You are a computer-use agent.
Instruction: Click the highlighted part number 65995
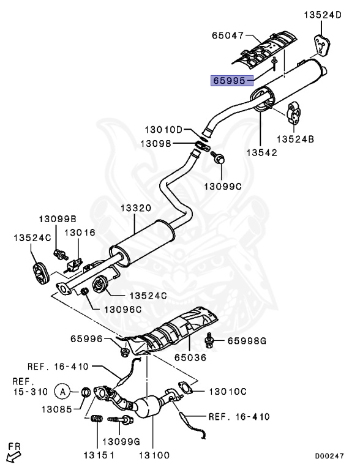pyautogui.click(x=229, y=80)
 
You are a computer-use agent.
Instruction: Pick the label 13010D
pyautogui.click(x=164, y=129)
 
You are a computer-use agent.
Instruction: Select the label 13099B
pyautogui.click(x=58, y=218)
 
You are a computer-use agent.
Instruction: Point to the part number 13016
pyautogui.click(x=80, y=233)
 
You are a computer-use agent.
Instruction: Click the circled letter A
pyautogui.click(x=62, y=390)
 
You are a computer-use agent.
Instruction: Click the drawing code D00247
pyautogui.click(x=329, y=456)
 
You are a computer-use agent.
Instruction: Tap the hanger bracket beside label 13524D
pyautogui.click(x=322, y=45)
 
